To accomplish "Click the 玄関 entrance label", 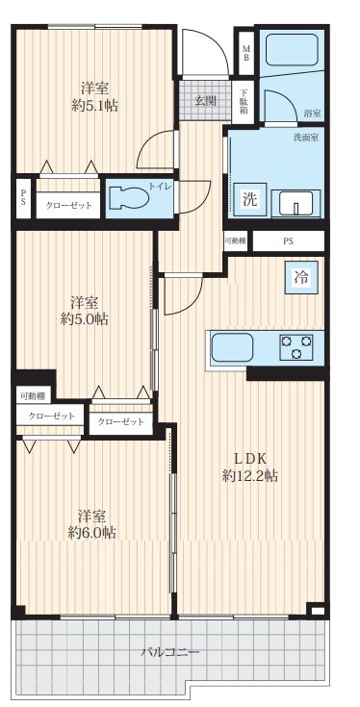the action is pos(205,101).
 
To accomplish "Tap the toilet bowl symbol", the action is pos(129,198).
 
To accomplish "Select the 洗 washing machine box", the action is pos(250,199).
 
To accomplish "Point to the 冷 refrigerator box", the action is pos(302,278).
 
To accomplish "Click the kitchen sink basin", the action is pos(232,346).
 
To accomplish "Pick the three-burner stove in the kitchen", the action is pos(296,346).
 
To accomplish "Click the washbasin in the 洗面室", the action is pos(299,202).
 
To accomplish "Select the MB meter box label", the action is pos(246,53).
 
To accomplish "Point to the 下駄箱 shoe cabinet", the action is pos(244,101).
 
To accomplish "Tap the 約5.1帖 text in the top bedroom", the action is pos(95,106).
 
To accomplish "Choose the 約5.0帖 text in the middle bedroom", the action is pos(85,319).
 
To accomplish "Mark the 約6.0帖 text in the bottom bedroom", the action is pos(91,533).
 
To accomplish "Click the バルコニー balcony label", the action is pos(169,652).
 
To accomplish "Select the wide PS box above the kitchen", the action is pos(288,241).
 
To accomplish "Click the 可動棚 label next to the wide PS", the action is pos(236,240).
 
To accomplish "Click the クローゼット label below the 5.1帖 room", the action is pos(68,205).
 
